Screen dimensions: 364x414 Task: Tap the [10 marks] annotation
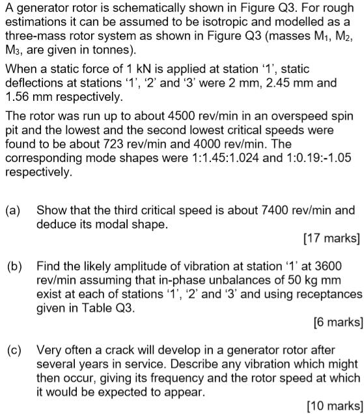pos(331,406)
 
